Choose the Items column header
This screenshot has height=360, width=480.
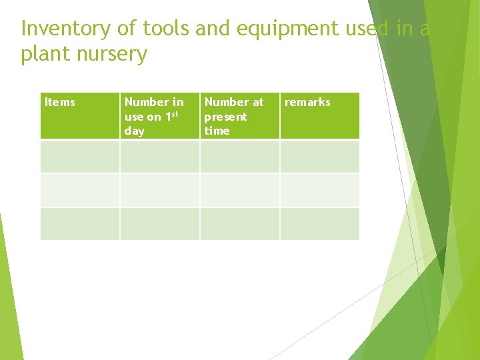[60, 102]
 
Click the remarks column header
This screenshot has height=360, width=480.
[307, 102]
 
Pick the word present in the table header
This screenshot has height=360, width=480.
[225, 117]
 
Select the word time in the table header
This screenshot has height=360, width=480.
[217, 131]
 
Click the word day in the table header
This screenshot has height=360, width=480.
[134, 131]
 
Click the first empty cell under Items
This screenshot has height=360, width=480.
[80, 157]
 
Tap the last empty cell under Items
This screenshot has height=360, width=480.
[80, 223]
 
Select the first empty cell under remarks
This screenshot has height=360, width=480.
[319, 157]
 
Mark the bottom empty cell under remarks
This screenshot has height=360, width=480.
[319, 223]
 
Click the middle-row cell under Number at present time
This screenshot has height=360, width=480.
[239, 190]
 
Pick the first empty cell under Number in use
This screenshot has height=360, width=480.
[159, 157]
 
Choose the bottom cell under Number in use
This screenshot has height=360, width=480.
[159, 223]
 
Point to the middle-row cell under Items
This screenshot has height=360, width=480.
[80, 190]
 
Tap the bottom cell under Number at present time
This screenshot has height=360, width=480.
[239, 223]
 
